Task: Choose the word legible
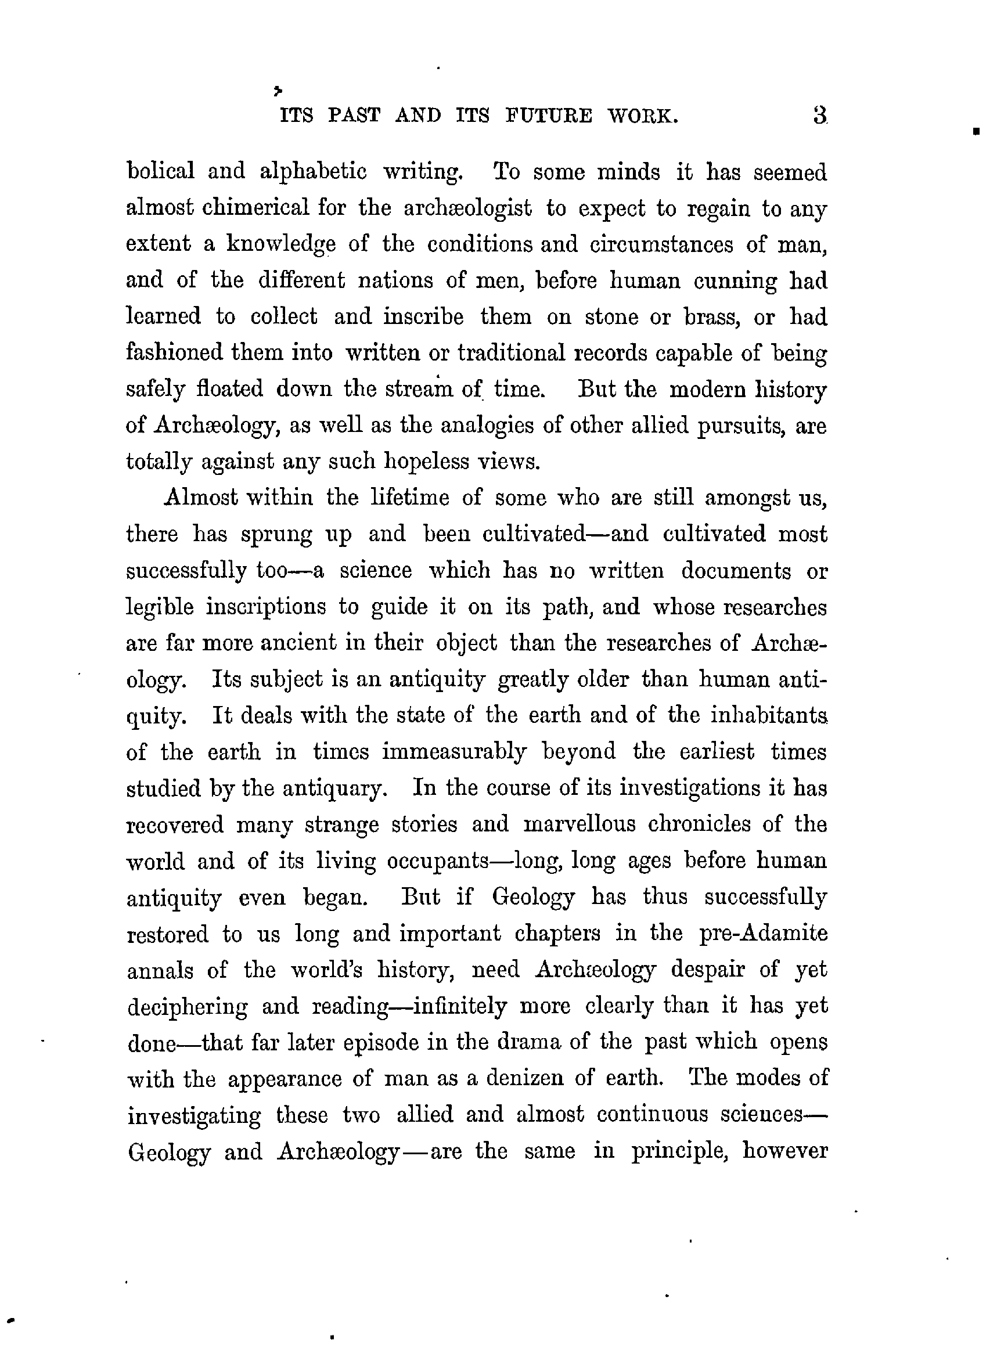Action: click(x=160, y=607)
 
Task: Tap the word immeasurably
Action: click(x=453, y=752)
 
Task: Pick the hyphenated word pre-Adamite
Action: click(x=763, y=934)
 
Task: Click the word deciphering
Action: click(x=188, y=1007)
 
